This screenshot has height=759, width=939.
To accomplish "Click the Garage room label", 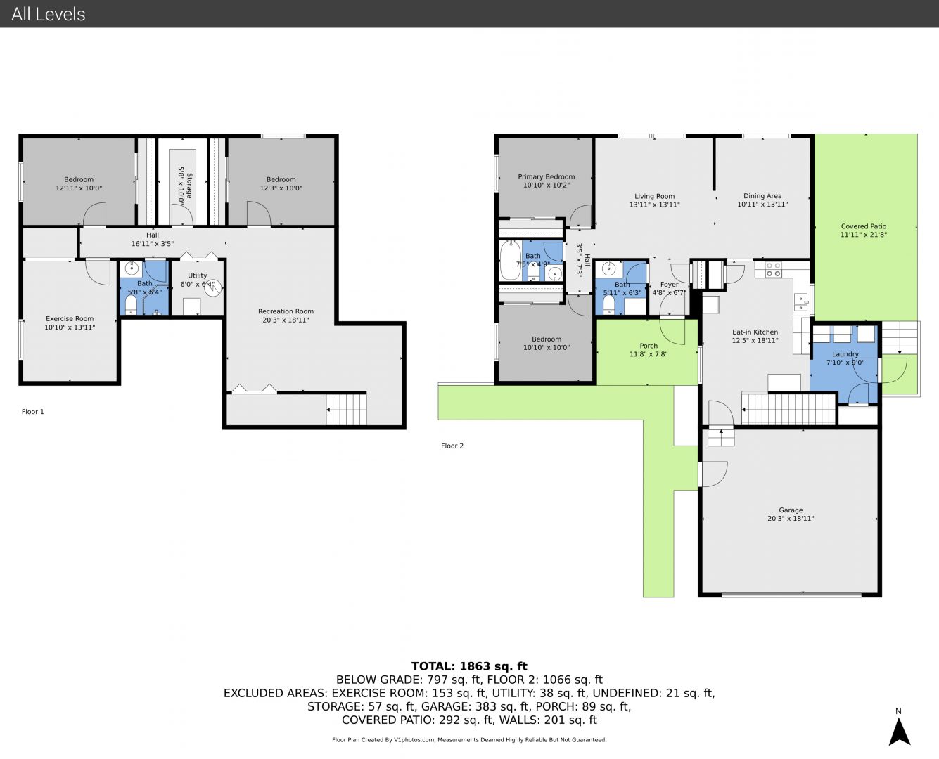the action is click(x=791, y=510).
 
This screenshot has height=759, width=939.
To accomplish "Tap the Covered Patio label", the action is click(x=863, y=226).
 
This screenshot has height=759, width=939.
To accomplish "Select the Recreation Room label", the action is click(x=286, y=311).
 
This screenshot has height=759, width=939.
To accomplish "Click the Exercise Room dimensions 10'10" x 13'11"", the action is click(x=70, y=327).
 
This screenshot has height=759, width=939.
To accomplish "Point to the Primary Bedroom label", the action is click(x=547, y=176).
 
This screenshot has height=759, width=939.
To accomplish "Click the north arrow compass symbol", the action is click(x=900, y=731).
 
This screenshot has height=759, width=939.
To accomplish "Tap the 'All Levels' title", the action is click(x=48, y=14).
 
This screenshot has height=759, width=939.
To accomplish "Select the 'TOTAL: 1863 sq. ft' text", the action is click(x=469, y=666).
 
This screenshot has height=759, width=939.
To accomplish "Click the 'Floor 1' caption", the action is click(x=32, y=411).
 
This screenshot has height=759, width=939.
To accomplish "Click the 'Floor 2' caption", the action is click(x=452, y=446).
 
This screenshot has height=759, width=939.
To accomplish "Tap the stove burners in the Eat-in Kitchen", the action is click(x=773, y=270).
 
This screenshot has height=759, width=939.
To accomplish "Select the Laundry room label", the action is click(x=845, y=354).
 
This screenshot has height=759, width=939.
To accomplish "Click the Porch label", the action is click(x=649, y=346).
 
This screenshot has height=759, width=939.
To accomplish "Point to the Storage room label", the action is click(x=190, y=186).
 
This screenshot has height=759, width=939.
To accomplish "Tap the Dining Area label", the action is click(x=762, y=195).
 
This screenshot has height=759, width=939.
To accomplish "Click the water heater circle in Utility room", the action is click(x=213, y=287).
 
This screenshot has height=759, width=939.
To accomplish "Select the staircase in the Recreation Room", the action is click(x=346, y=409).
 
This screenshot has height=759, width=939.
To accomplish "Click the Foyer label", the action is click(x=669, y=285).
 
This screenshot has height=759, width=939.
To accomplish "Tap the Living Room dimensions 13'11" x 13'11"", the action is click(x=654, y=205).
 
